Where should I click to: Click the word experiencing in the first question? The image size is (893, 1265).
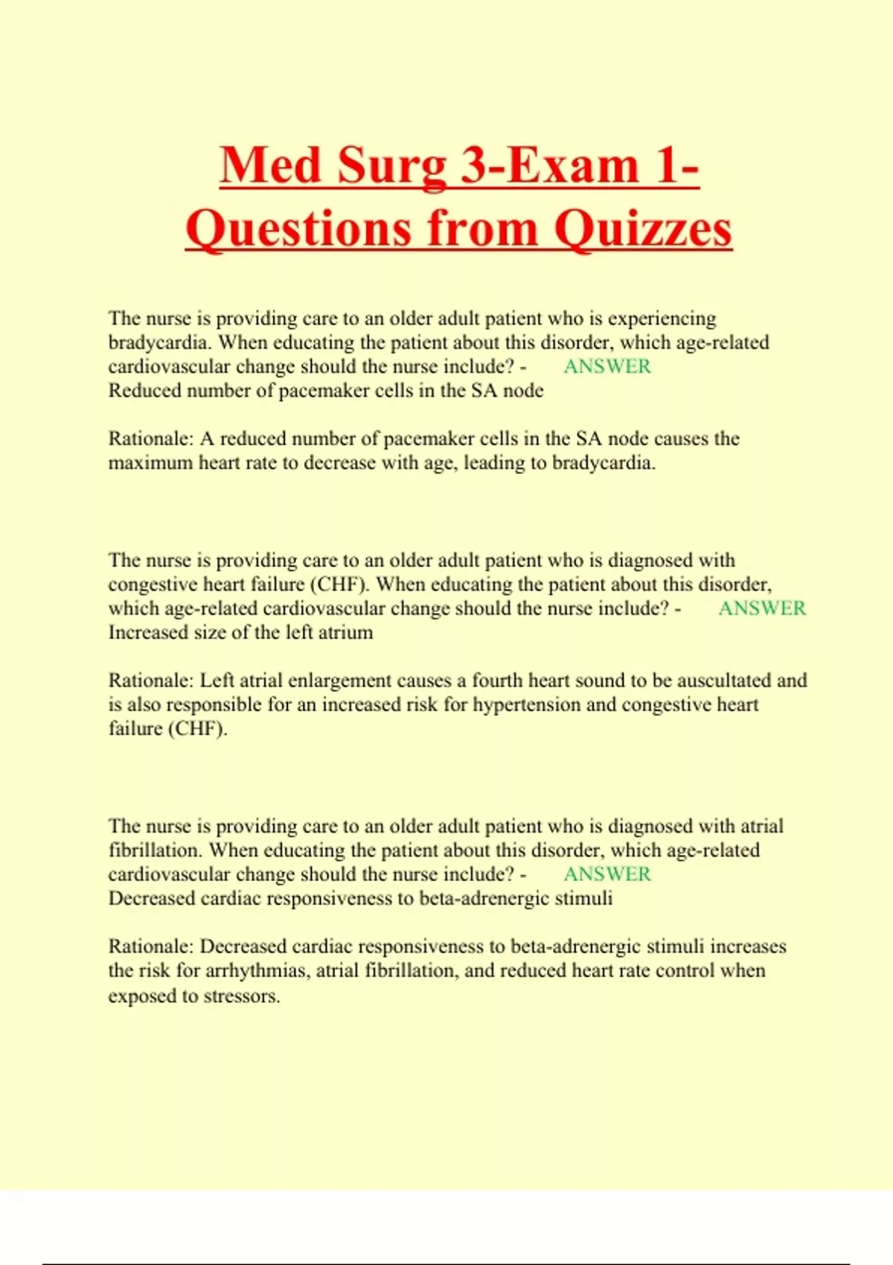[x=662, y=318]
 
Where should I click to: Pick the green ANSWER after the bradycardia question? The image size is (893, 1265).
[x=606, y=366]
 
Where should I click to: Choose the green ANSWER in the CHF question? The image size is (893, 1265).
[x=761, y=608]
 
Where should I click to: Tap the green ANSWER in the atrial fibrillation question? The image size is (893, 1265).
[x=606, y=874]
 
